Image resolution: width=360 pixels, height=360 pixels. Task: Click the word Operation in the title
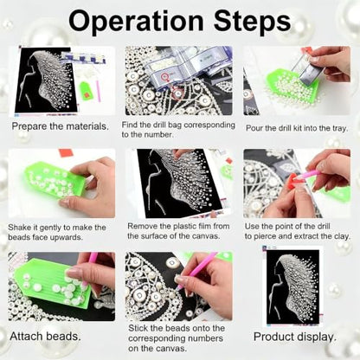point(136,21)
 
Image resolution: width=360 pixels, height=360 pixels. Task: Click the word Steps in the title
point(252,21)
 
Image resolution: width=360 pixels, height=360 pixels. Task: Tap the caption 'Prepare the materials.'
point(61,126)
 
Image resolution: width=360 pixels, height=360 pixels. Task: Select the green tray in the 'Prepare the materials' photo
point(85,91)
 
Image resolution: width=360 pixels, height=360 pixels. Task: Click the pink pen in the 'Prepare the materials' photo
point(99,91)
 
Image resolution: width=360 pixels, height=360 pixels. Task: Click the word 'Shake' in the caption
point(19,228)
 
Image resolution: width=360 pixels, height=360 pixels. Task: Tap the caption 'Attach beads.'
point(46,337)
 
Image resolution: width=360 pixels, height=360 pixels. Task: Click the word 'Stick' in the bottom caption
point(138,328)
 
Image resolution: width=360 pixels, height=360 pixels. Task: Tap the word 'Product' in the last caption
point(274,337)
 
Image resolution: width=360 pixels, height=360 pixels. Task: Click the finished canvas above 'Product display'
point(292,286)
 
